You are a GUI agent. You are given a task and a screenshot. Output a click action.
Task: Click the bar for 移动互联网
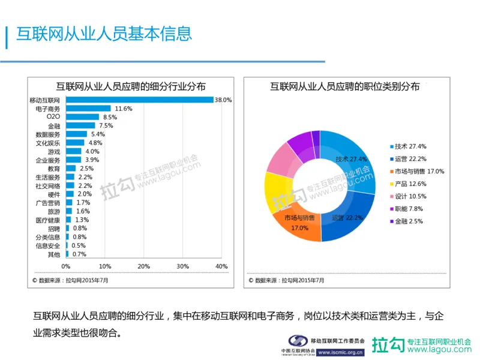pos(139,100)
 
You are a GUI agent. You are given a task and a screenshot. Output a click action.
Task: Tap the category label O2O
pos(53,117)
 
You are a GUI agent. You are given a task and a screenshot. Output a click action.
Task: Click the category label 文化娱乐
pos(48,143)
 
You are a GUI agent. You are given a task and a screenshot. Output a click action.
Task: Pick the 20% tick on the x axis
pos(143,266)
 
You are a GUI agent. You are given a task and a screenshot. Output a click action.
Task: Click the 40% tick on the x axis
pos(221,266)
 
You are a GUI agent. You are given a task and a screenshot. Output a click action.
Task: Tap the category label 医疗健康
pos(48,220)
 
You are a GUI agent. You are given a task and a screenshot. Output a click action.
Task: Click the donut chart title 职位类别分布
pos(344,86)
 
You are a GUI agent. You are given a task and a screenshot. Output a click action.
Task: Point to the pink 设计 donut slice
pos(278,156)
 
